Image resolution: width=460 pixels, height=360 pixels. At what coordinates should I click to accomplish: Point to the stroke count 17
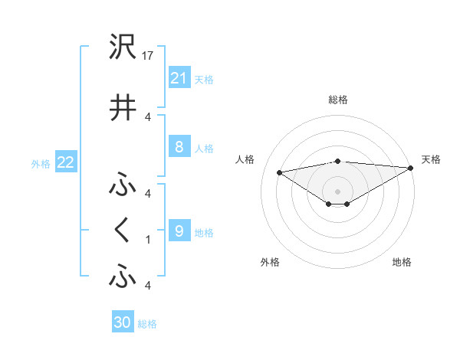(x=149, y=56)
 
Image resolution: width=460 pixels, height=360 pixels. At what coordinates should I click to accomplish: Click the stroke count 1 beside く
(x=147, y=239)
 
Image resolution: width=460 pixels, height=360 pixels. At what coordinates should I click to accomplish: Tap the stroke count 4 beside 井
(x=147, y=116)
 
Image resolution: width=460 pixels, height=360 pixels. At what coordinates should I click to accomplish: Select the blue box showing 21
(x=179, y=77)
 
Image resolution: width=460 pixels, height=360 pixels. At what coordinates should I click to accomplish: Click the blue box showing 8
(x=179, y=147)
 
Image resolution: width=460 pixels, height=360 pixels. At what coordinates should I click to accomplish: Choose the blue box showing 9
(x=179, y=231)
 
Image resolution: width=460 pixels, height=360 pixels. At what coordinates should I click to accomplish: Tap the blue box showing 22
(x=65, y=162)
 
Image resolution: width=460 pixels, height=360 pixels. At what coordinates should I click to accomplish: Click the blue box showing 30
(x=122, y=322)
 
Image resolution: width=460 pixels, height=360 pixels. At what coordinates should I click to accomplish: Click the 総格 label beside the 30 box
(x=147, y=324)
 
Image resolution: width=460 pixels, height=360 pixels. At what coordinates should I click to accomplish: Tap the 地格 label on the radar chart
(x=402, y=263)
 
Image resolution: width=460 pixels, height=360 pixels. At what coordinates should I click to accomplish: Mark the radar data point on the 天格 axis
(x=412, y=168)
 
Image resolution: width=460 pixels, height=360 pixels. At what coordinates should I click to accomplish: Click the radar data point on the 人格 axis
(x=280, y=172)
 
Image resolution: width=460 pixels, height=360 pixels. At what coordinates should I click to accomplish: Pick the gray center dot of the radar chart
(x=337, y=191)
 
